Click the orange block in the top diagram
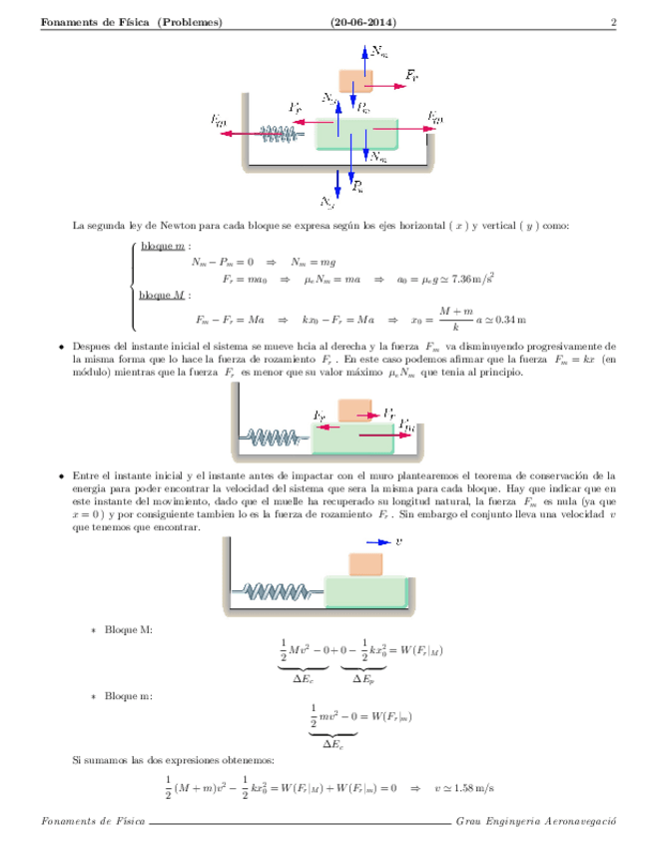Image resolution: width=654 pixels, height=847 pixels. coord(354,80)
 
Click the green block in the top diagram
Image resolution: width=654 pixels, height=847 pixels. coord(356,134)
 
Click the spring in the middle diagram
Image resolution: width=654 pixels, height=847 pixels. coord(275,435)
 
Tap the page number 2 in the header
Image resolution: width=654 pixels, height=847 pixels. coord(613,23)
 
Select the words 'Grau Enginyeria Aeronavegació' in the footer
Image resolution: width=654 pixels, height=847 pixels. coord(533,821)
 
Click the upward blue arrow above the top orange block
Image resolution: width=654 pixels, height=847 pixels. coord(363,55)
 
